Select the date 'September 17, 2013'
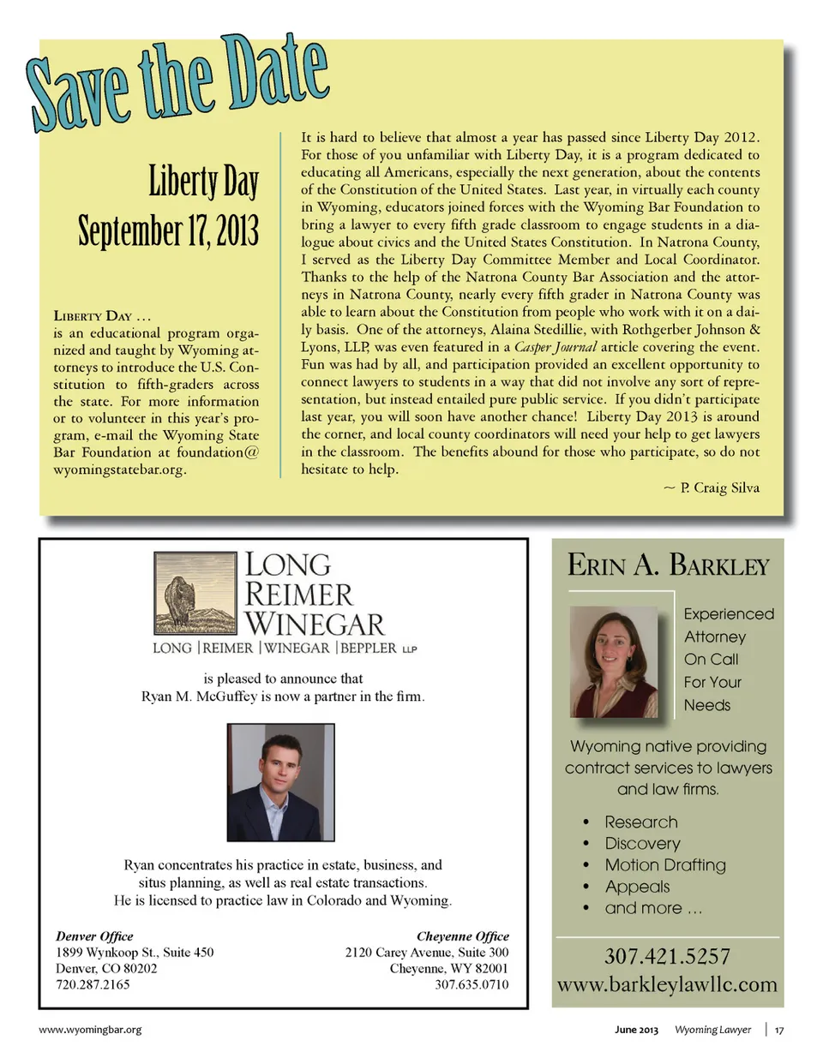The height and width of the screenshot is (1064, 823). coord(168,230)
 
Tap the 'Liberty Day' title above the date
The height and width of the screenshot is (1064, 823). coord(203,181)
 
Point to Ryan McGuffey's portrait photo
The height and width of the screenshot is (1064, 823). coord(280,782)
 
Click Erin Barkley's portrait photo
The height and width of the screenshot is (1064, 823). coord(614,661)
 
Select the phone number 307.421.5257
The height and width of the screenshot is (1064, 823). coord(667,956)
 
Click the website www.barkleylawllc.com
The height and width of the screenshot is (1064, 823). coord(667,984)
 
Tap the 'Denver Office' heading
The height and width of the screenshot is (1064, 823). coord(94,936)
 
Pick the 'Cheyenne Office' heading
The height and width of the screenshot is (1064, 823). coord(462,936)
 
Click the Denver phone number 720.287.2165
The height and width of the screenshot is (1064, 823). coord(93,984)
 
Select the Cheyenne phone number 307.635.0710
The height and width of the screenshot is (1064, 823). coord(471,984)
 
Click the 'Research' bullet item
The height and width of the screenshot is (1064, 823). coord(640,822)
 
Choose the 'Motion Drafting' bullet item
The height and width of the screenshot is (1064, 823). coord(664,864)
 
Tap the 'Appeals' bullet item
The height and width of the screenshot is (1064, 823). coord(637,886)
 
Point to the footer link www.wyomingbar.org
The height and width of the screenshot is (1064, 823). coord(90,1030)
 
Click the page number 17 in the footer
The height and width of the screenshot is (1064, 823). coord(779,1030)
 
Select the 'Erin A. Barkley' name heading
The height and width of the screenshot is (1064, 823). coord(668,565)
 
